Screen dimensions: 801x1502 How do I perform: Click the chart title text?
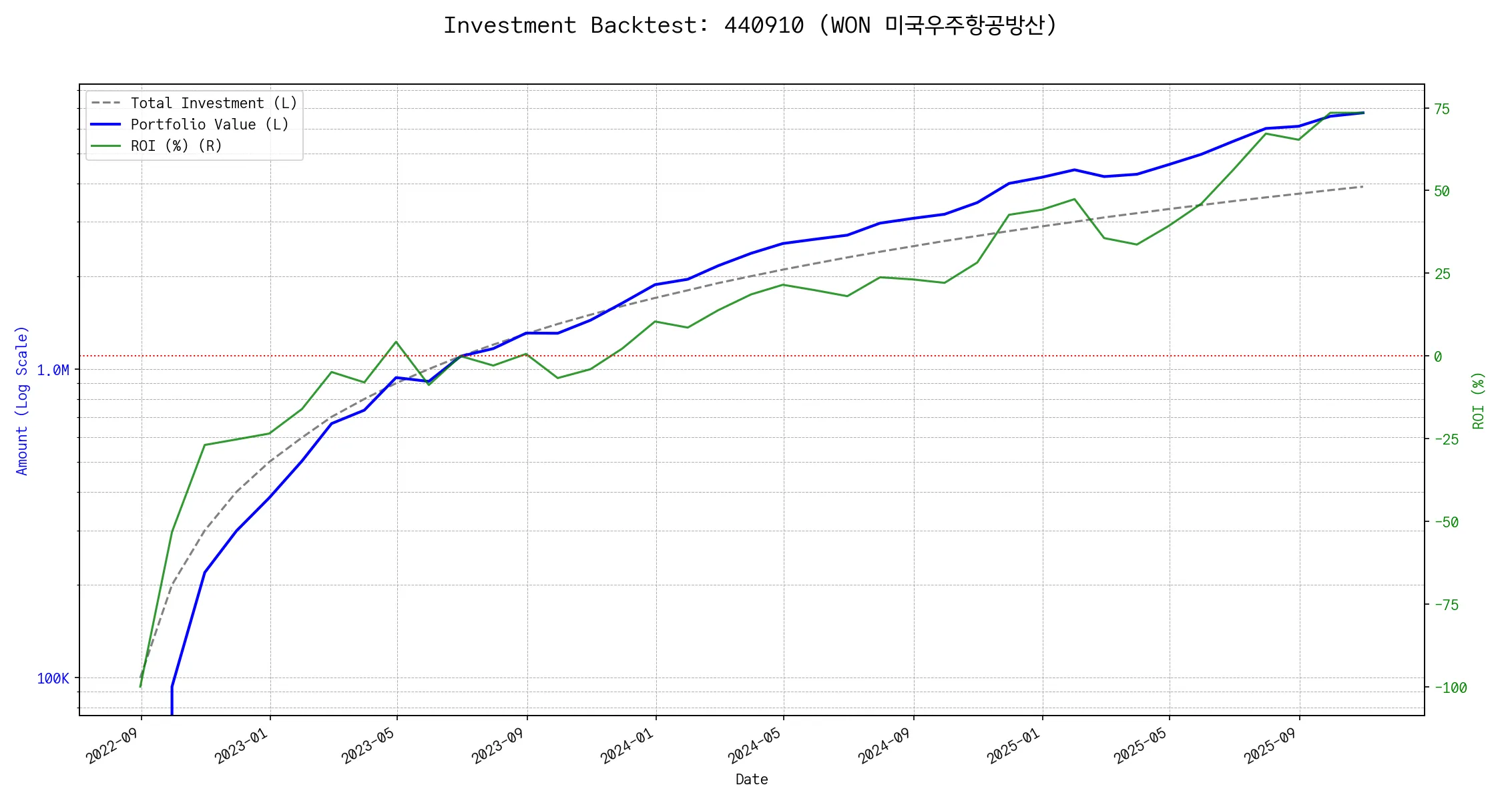point(750,25)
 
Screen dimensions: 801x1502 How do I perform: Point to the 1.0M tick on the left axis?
point(53,370)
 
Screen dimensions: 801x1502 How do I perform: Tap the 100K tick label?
point(53,679)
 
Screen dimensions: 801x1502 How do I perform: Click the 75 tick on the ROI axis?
point(1442,109)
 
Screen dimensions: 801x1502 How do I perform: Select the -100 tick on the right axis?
point(1450,688)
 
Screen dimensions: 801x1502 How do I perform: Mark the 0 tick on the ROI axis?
point(1438,356)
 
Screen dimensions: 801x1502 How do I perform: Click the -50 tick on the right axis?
point(1446,522)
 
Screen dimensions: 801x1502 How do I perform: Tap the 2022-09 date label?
point(112,746)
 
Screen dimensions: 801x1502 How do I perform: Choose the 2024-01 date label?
point(626,746)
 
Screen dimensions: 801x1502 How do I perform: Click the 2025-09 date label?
point(1270,746)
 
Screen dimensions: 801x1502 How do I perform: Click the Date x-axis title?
point(752,780)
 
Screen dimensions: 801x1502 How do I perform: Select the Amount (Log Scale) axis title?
point(22,400)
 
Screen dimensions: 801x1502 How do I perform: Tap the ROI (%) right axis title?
point(1478,400)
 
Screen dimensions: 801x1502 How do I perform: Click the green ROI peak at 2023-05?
point(397,342)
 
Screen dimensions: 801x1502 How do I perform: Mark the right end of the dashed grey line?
point(1362,186)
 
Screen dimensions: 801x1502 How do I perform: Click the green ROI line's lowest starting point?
point(140,687)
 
